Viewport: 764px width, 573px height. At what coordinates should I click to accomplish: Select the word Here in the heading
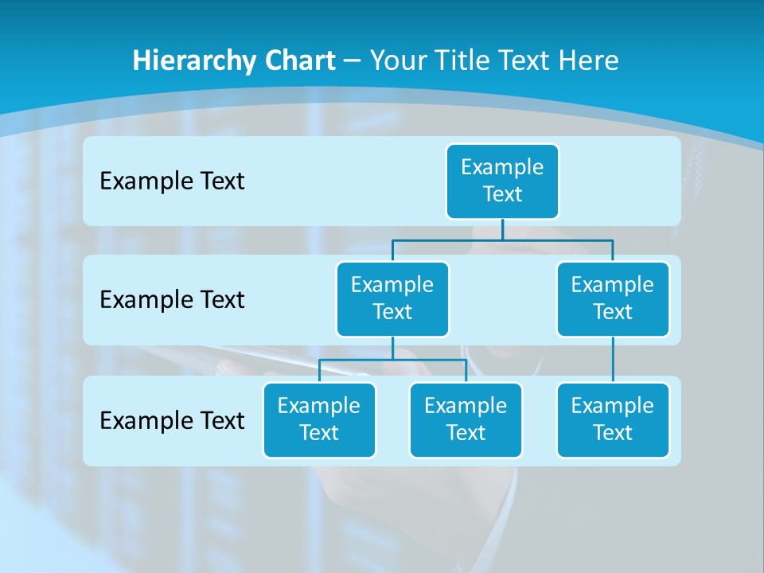tap(589, 60)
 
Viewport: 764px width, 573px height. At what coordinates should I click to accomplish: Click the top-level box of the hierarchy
tap(502, 181)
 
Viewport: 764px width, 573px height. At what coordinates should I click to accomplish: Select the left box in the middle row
tap(392, 298)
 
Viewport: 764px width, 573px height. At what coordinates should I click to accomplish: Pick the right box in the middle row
tap(613, 298)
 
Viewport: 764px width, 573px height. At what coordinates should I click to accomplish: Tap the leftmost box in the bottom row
tap(319, 419)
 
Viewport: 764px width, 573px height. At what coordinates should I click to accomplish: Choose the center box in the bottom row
tap(466, 419)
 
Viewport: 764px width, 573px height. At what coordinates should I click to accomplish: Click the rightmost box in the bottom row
tap(613, 419)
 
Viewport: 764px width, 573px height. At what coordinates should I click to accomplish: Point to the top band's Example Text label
tap(172, 181)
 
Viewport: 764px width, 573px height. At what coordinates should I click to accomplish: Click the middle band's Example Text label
tap(172, 300)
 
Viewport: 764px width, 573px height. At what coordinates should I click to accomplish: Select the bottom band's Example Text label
tap(172, 420)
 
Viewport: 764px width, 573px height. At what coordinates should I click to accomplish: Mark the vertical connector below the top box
tap(502, 229)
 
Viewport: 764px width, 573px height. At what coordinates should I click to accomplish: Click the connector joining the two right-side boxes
tap(613, 360)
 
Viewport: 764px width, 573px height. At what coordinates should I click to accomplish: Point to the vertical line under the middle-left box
tap(392, 349)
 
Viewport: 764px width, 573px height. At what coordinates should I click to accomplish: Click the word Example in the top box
tap(502, 167)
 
